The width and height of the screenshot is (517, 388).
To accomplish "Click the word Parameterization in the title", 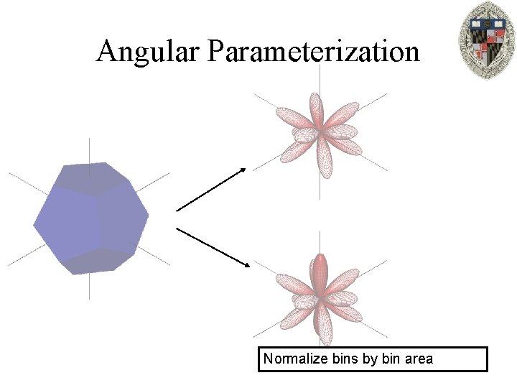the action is click(314, 52).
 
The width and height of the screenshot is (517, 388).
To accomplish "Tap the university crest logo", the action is click(486, 40).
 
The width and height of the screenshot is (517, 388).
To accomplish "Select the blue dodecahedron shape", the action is click(91, 218).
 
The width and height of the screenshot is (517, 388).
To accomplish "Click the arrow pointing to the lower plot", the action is click(213, 247).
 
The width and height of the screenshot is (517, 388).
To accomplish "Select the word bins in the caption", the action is click(345, 358).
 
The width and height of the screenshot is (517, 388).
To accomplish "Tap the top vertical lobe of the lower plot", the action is click(320, 270).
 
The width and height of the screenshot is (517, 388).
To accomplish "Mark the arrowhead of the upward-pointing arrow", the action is click(243, 170).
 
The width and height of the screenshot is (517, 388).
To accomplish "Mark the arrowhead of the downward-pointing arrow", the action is click(247, 265).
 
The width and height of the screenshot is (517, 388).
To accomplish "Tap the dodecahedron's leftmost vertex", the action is click(34, 226).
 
